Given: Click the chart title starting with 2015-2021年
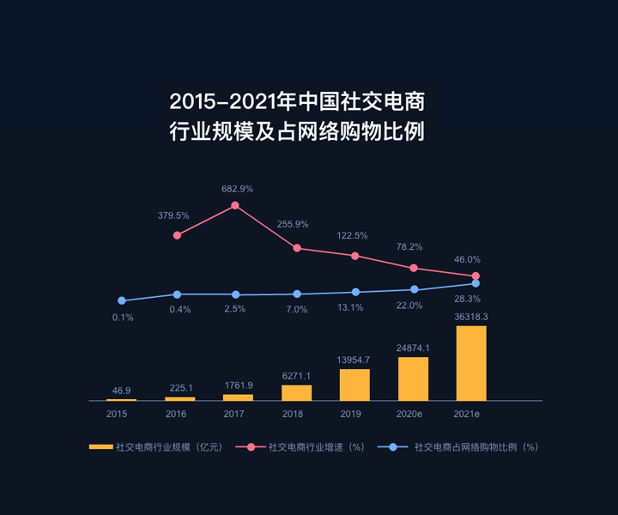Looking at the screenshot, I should [x=297, y=118].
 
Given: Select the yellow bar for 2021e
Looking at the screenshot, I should [x=471, y=363].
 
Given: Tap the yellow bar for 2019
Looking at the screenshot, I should [x=354, y=385].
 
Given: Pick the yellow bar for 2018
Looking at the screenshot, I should [x=297, y=392].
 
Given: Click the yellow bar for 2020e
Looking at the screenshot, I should [x=413, y=379].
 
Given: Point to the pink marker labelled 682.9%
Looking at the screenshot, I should [x=235, y=205].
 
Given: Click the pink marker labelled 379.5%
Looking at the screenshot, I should [x=177, y=234].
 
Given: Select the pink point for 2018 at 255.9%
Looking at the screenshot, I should [x=297, y=248].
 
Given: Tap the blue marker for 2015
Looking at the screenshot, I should [x=122, y=300].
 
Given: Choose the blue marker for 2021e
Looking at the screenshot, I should [x=475, y=283].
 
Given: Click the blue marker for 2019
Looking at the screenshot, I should [x=355, y=292].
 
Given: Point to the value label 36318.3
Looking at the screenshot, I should [x=470, y=317].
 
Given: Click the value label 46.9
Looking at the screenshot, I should [x=122, y=391].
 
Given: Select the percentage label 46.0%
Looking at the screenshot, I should [x=467, y=259].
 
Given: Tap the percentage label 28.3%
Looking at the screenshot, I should [x=467, y=299].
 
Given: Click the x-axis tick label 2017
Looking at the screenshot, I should [x=235, y=414].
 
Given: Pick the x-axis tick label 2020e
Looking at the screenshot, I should [x=409, y=414].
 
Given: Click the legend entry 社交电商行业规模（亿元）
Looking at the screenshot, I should [x=154, y=447].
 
